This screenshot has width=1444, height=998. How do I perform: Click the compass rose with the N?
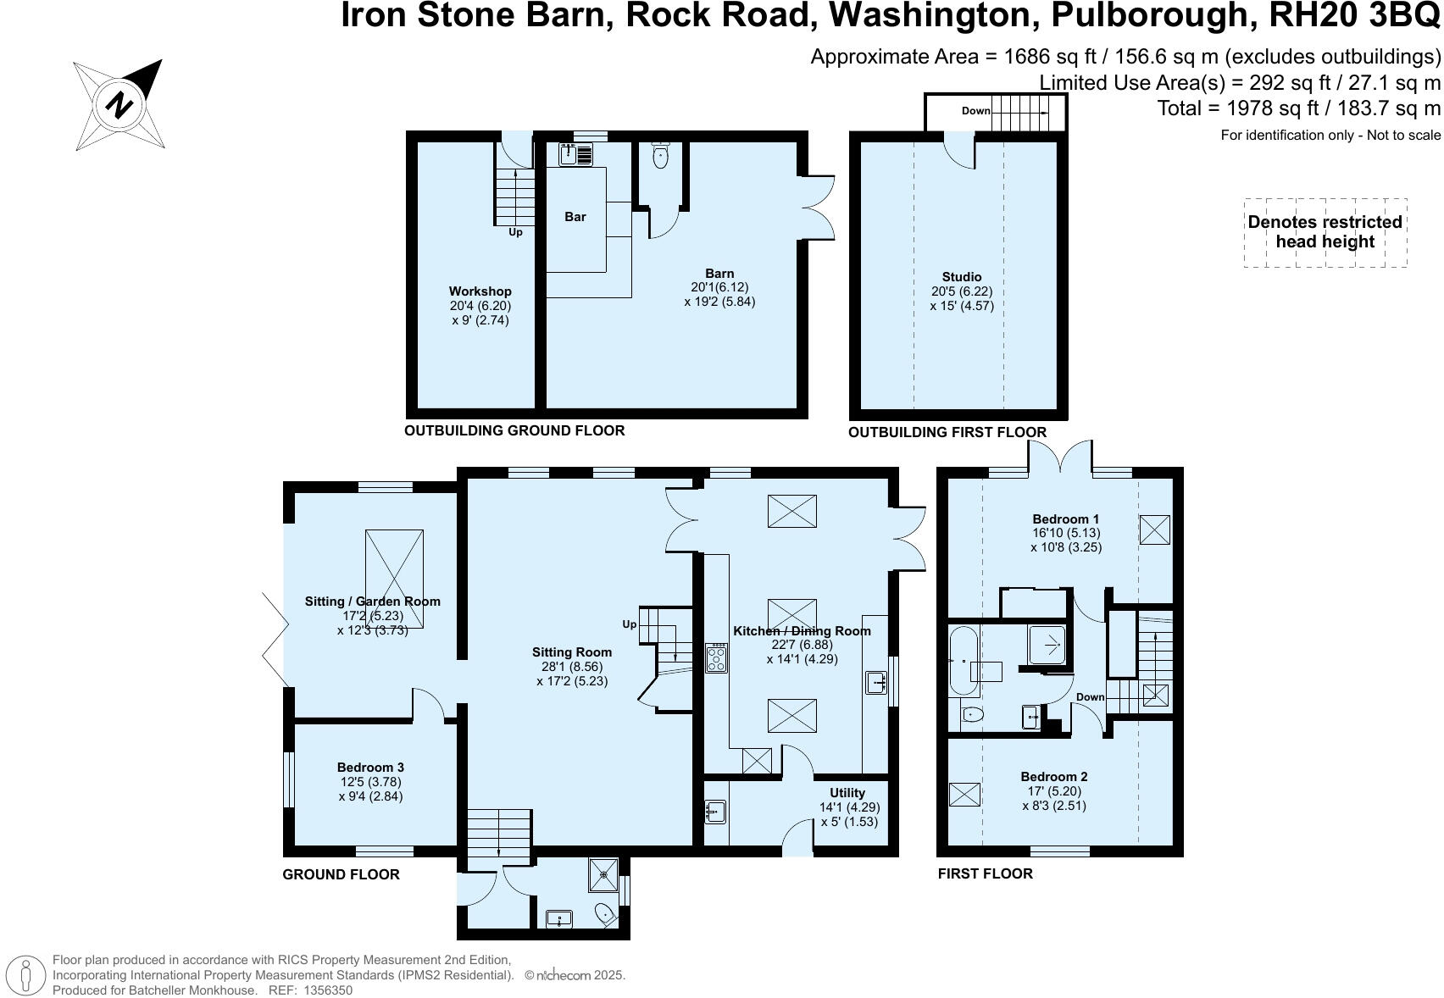tap(118, 104)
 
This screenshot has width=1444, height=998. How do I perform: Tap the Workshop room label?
tap(480, 291)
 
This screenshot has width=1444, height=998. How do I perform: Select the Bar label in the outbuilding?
tap(575, 217)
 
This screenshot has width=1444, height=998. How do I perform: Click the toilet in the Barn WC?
tap(660, 156)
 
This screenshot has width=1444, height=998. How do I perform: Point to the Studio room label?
tap(962, 277)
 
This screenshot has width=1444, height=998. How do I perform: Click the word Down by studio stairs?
tap(975, 111)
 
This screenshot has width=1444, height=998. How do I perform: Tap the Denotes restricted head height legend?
tap(1325, 232)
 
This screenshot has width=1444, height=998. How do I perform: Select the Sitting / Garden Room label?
tap(373, 602)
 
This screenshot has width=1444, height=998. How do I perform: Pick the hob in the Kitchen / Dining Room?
tap(717, 658)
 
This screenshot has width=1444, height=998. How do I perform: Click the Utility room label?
tap(847, 793)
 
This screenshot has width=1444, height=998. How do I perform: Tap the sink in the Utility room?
tap(714, 812)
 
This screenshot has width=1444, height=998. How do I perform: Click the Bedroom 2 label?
tap(1053, 777)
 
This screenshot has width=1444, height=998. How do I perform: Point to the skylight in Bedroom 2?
tap(964, 795)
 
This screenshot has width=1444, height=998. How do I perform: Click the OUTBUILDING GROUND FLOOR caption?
tap(514, 430)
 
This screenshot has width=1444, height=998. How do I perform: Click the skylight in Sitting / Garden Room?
tap(394, 579)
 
